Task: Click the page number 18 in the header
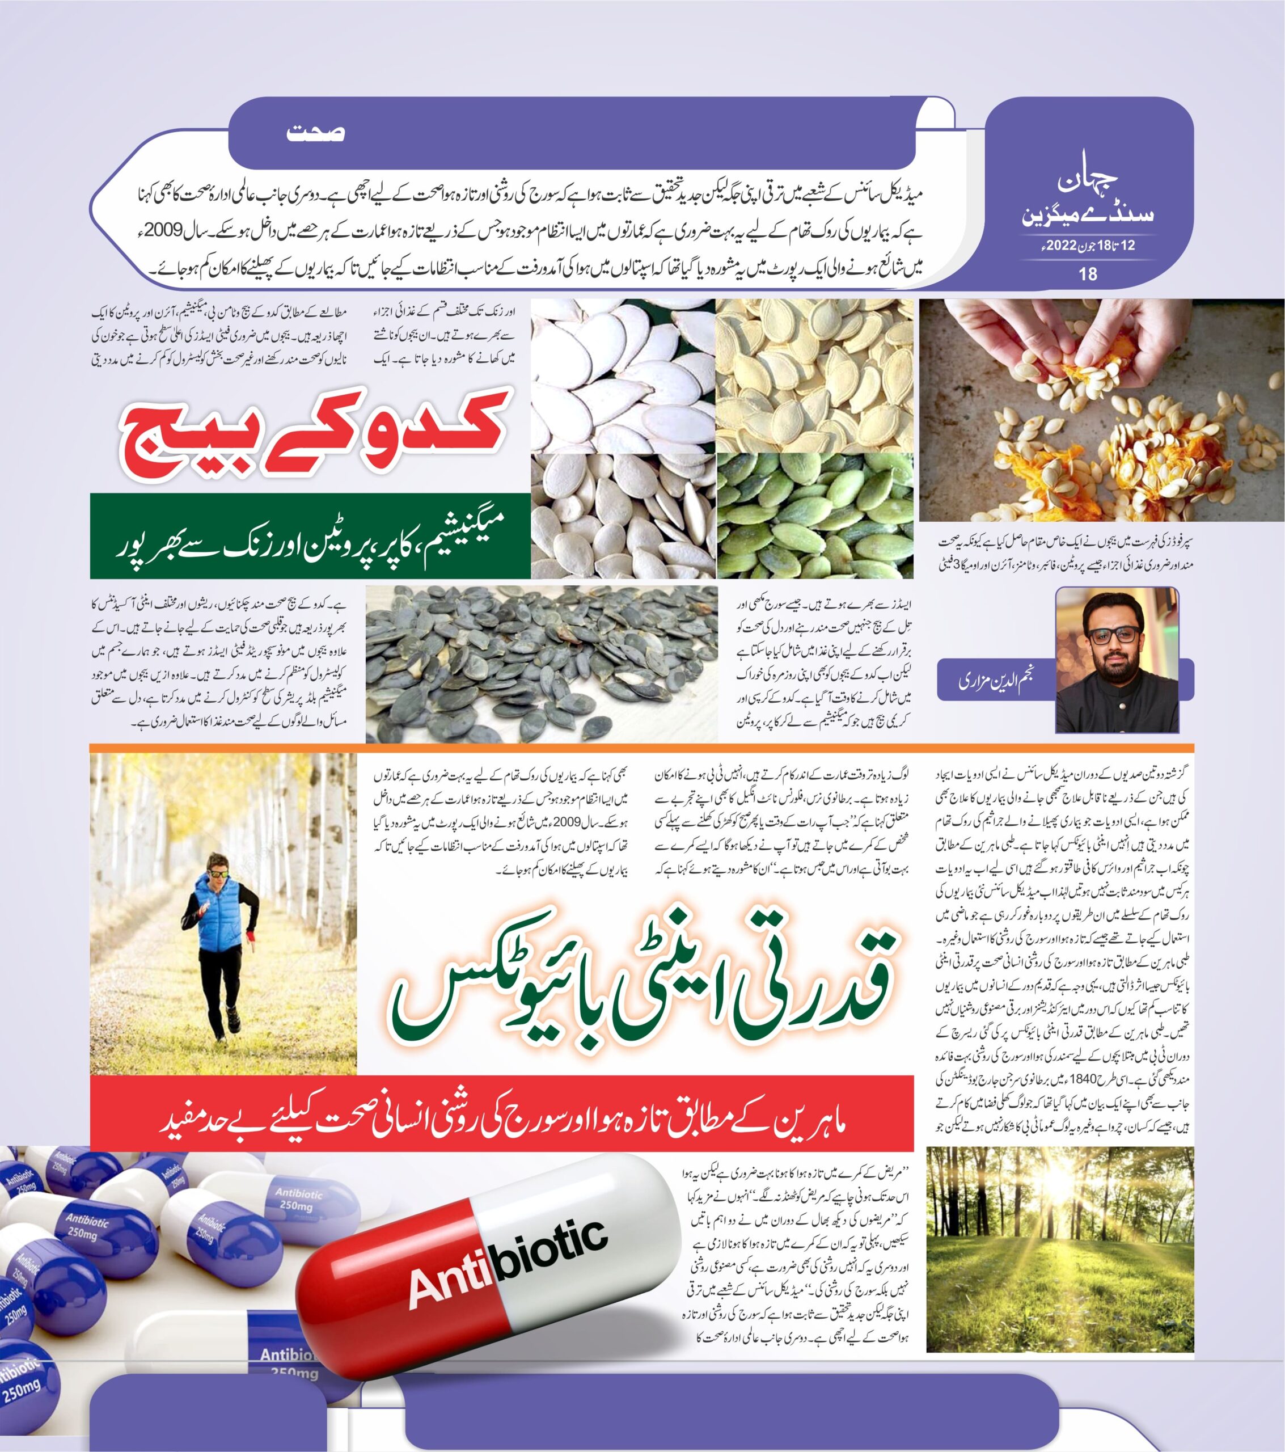click(x=1088, y=273)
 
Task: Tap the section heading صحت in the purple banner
click(x=315, y=133)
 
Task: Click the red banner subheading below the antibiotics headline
click(x=501, y=1123)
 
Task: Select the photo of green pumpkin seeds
click(x=814, y=514)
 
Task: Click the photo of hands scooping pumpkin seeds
click(x=1101, y=410)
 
